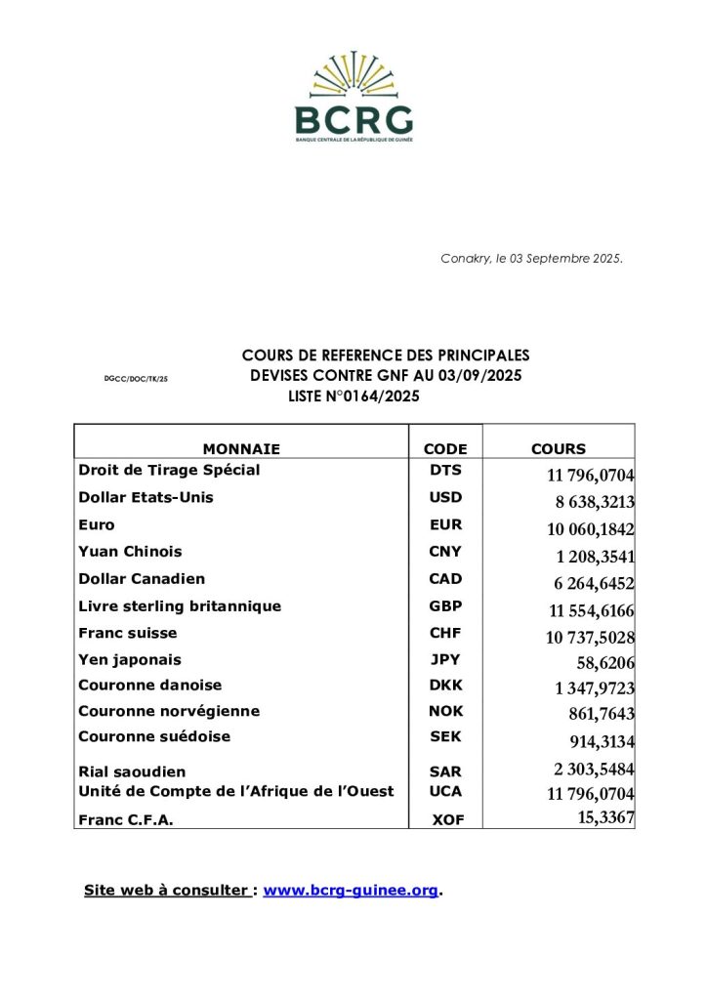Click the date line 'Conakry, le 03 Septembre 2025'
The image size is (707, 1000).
click(x=531, y=259)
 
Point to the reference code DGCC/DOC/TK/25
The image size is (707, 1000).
click(x=136, y=377)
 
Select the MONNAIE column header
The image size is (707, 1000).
click(x=241, y=449)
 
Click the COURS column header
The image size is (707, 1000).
click(x=559, y=449)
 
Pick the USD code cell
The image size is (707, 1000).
click(x=445, y=497)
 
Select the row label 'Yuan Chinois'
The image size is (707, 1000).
click(x=130, y=552)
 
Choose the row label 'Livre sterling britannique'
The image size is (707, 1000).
click(x=180, y=606)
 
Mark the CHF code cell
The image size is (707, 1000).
click(x=445, y=633)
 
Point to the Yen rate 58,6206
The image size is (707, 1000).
click(x=605, y=662)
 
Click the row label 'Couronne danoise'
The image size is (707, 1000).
click(x=150, y=686)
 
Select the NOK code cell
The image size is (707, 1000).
click(x=445, y=712)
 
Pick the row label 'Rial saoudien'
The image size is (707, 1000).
click(x=132, y=772)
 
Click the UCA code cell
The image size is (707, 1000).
click(x=445, y=791)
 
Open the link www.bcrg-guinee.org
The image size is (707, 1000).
click(x=351, y=891)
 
